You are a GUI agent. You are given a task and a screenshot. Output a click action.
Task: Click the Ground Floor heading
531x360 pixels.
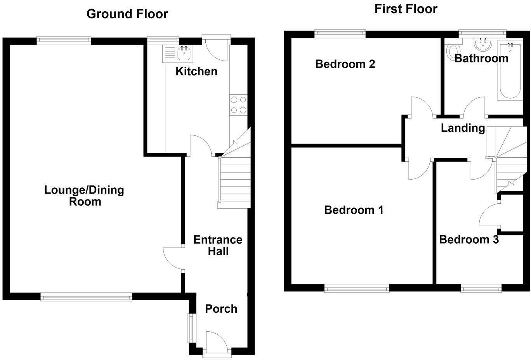[x=127, y=14]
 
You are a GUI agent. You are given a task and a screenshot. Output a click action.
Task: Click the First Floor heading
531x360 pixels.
[x=406, y=9]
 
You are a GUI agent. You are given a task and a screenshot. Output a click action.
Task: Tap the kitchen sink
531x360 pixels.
[x=184, y=54]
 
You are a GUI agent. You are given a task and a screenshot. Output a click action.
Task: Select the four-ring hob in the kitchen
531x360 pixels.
[x=238, y=105]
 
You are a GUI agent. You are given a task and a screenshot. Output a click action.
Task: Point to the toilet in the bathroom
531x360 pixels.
[x=452, y=52]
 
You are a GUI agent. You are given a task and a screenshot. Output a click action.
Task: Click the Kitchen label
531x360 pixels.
[x=196, y=71]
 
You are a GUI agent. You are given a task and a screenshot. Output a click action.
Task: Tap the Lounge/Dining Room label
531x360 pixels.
[x=84, y=196]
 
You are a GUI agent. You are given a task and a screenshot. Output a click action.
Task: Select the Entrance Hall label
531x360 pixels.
[x=218, y=245]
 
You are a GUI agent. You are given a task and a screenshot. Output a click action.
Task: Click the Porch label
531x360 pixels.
[x=221, y=309]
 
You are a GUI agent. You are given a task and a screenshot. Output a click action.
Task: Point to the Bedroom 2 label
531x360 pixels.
[x=345, y=64]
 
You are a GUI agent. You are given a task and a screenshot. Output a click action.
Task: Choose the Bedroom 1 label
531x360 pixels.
[x=354, y=210]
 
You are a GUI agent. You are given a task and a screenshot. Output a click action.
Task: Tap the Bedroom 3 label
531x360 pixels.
[x=469, y=239]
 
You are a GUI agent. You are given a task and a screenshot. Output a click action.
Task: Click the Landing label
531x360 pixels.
[x=463, y=128]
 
